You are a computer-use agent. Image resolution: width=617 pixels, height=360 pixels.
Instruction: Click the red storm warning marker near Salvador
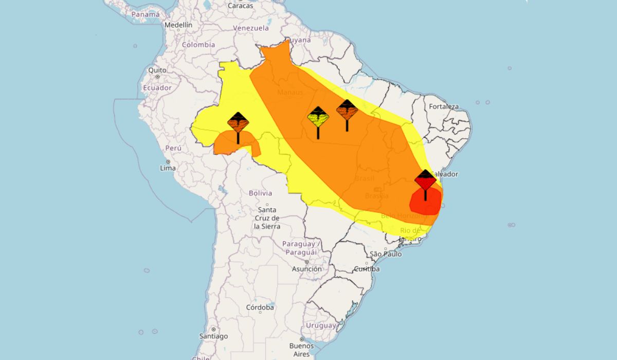(425, 180)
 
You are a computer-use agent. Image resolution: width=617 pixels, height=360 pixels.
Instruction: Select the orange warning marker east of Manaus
(347, 110)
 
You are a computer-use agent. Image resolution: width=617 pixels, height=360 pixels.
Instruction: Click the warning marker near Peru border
(238, 123)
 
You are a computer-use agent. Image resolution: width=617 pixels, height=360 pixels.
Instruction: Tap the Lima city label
(168, 168)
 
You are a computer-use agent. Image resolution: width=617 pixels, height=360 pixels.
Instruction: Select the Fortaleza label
(444, 106)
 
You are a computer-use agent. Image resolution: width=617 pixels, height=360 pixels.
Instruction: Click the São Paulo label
(386, 254)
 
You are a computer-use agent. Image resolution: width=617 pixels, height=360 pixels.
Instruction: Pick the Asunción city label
(307, 269)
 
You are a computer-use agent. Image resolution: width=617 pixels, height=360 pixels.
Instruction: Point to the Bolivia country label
(260, 193)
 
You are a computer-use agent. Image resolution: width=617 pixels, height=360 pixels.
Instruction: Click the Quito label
(157, 70)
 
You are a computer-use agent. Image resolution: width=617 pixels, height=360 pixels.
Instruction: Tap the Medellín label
(178, 25)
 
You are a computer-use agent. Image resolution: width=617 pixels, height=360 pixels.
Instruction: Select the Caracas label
(240, 6)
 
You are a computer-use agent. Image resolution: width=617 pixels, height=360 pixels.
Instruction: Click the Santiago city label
(214, 336)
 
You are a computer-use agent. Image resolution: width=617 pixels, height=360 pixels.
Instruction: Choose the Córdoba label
(260, 308)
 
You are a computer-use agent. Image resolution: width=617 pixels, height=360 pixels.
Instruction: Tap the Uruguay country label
(321, 326)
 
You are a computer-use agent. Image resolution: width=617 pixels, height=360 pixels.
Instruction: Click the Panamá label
(146, 14)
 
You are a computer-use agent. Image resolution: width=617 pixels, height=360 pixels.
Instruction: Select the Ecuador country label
(157, 87)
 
